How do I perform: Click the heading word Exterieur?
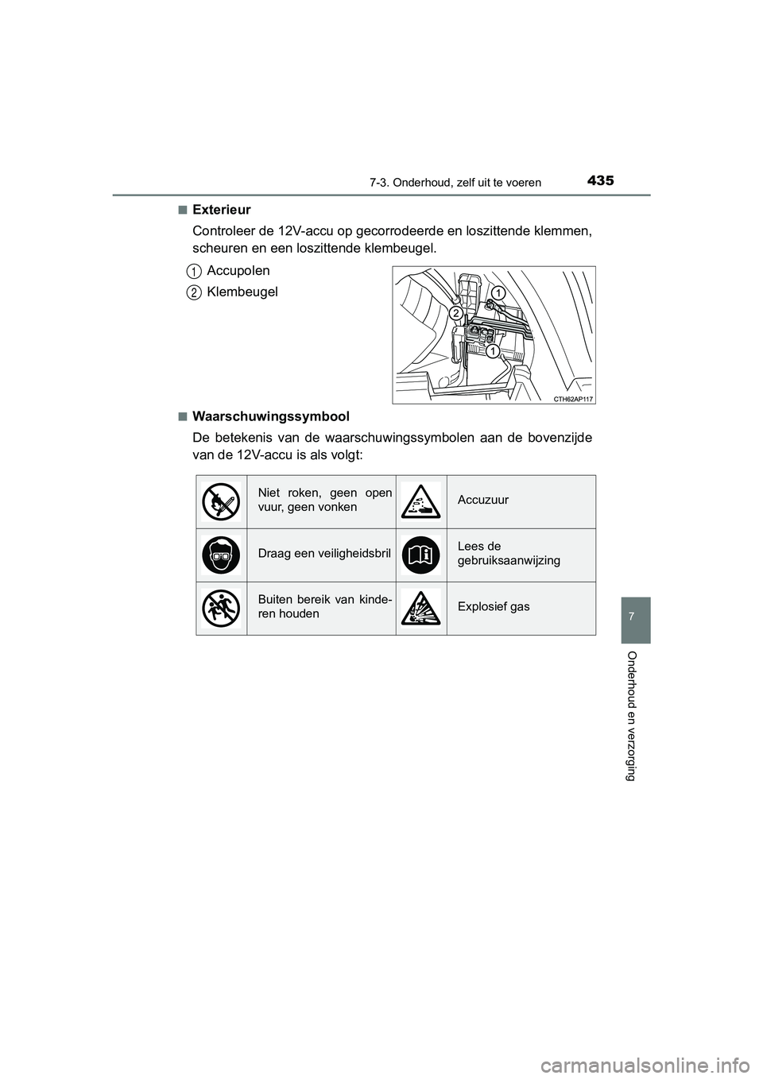(221, 210)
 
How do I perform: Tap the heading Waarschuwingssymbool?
(270, 416)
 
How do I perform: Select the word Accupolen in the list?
(238, 271)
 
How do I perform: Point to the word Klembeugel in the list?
(242, 292)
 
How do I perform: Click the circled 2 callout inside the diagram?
(455, 314)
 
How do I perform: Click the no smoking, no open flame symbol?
(221, 501)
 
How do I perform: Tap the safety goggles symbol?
(221, 555)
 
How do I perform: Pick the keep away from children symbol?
(221, 608)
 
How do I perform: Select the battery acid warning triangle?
(421, 501)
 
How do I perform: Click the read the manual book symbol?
(421, 555)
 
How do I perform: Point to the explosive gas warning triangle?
(421, 608)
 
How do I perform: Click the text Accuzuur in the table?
(483, 500)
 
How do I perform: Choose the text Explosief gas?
(494, 607)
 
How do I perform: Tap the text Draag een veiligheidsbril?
(324, 554)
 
